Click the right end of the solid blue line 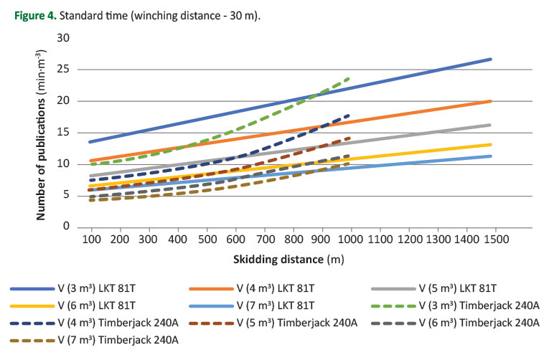[491, 59]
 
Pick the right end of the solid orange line [491, 101]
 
